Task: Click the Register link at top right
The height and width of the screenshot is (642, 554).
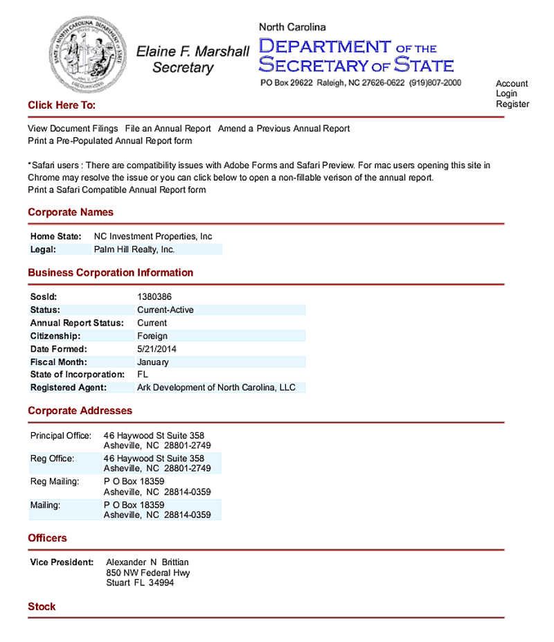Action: click(x=512, y=105)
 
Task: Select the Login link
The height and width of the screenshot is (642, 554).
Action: click(x=506, y=94)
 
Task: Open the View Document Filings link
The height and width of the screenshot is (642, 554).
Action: click(x=73, y=129)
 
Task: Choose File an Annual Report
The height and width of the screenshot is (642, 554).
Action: click(x=168, y=129)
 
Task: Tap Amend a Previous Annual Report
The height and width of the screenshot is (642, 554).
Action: click(x=284, y=129)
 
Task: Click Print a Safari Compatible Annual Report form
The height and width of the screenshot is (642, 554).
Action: click(x=117, y=190)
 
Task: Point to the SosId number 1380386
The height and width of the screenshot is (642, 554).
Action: click(x=154, y=297)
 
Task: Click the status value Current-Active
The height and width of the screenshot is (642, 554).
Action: click(x=166, y=310)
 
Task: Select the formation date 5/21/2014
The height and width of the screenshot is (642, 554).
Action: click(x=157, y=349)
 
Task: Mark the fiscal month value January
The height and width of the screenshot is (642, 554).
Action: click(x=153, y=362)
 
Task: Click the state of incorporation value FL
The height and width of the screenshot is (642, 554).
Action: click(x=143, y=375)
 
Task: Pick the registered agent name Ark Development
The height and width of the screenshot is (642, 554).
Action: click(x=216, y=388)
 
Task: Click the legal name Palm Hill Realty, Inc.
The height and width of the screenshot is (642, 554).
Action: click(x=134, y=249)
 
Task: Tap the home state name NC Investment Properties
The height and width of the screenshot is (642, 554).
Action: click(x=153, y=237)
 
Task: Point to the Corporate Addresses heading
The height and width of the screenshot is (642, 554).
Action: click(x=80, y=411)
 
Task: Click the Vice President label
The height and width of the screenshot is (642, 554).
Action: click(x=62, y=562)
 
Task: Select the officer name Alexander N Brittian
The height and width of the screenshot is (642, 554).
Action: click(x=148, y=562)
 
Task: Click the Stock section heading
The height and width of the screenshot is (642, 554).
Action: click(x=42, y=607)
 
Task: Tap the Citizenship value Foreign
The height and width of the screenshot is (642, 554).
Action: click(x=152, y=336)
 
